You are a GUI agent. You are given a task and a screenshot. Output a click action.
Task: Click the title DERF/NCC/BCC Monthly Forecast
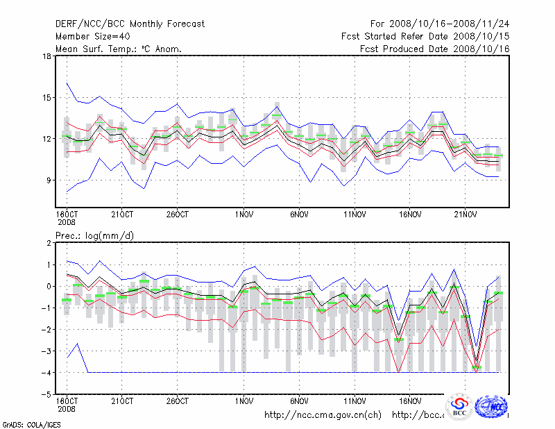point(130,24)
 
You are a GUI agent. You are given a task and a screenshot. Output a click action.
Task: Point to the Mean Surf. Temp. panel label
point(118,49)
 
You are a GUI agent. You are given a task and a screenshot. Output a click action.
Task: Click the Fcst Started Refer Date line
point(425,36)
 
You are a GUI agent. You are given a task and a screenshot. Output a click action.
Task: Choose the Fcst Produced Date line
point(435,49)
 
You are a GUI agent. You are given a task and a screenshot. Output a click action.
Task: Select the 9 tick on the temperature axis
point(48,180)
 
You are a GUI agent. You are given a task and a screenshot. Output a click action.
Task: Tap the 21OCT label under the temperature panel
point(122,213)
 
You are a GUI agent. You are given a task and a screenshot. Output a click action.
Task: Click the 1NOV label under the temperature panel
point(244,213)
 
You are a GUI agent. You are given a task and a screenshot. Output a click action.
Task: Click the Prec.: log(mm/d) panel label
point(94,235)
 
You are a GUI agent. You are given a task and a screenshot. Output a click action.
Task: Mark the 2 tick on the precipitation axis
point(49,243)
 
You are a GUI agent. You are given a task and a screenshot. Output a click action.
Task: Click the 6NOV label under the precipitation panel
point(299,401)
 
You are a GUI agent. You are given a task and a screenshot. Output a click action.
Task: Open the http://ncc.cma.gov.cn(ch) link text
point(323,415)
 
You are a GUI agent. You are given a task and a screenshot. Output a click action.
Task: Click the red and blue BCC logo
point(459,407)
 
